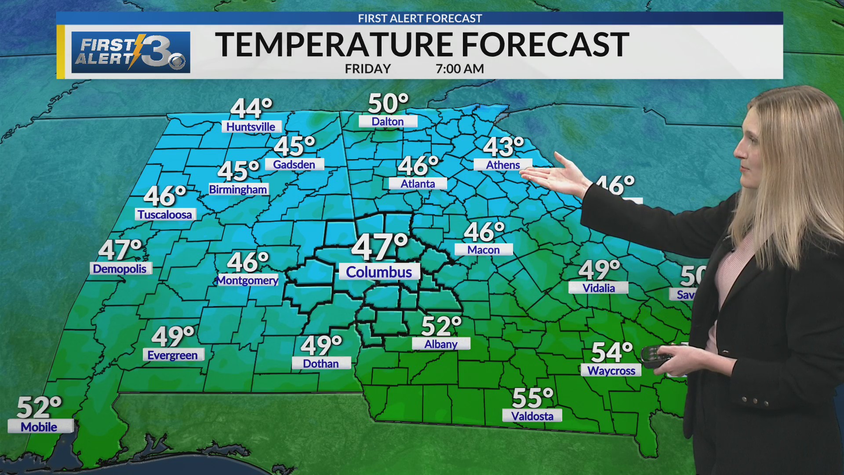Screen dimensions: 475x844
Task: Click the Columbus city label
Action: click(379, 272)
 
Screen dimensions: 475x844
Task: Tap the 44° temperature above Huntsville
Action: click(251, 108)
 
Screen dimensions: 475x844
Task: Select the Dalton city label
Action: click(388, 122)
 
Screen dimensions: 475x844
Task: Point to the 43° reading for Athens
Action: click(503, 147)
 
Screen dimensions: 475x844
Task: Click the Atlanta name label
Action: click(418, 184)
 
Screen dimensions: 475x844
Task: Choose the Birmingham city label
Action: click(238, 190)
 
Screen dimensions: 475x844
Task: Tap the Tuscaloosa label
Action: click(165, 215)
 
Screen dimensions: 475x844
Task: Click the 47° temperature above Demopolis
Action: click(120, 250)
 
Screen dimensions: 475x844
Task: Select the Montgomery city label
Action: click(248, 280)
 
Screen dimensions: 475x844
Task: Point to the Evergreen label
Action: click(173, 355)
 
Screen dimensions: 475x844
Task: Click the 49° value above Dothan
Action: click(321, 346)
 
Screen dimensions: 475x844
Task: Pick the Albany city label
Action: click(441, 344)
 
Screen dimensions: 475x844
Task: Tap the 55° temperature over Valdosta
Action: click(532, 398)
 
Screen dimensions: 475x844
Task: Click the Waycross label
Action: click(611, 371)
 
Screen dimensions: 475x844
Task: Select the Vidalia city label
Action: click(599, 288)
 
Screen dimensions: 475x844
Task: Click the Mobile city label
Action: click(39, 427)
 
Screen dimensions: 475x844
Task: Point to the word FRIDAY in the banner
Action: click(368, 69)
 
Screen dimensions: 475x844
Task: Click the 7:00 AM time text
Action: click(460, 69)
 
